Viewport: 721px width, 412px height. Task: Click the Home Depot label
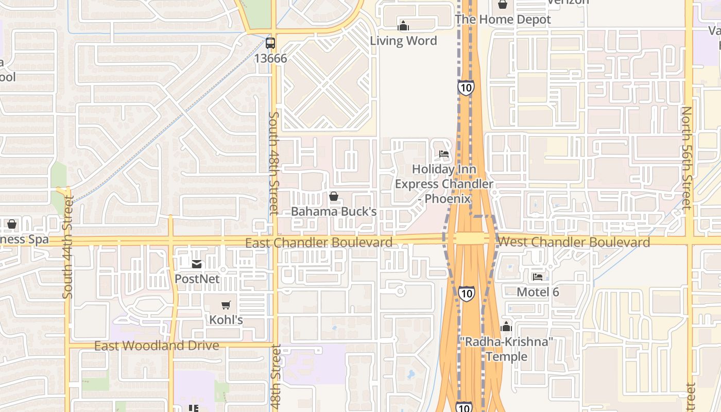(503, 20)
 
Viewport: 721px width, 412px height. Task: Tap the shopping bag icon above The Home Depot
(503, 5)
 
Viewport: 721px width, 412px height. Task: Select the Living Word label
(403, 41)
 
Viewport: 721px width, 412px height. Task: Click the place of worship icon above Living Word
(403, 26)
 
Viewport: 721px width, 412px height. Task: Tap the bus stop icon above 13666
(270, 43)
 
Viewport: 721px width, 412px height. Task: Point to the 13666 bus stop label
(270, 58)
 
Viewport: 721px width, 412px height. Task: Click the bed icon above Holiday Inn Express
(444, 154)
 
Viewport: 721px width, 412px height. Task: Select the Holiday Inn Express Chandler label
(444, 184)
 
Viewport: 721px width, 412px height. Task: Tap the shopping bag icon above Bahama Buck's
(334, 196)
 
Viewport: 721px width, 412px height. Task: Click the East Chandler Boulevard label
(319, 243)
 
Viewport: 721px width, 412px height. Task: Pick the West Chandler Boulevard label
(574, 242)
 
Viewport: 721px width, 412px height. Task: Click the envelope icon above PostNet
(197, 264)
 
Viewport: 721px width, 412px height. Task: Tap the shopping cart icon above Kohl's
(226, 305)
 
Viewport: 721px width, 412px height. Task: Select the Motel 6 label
(538, 292)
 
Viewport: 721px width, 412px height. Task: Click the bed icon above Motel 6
(538, 277)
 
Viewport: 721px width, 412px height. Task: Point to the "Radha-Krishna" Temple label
(506, 349)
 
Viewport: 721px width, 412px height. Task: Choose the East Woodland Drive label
(157, 346)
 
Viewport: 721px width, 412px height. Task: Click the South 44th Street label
(67, 246)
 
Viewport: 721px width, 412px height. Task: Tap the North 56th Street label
(686, 158)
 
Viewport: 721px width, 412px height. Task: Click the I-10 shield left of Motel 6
(467, 294)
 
